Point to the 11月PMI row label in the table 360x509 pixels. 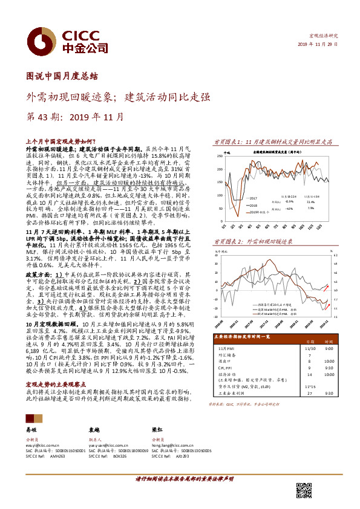[227, 348]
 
